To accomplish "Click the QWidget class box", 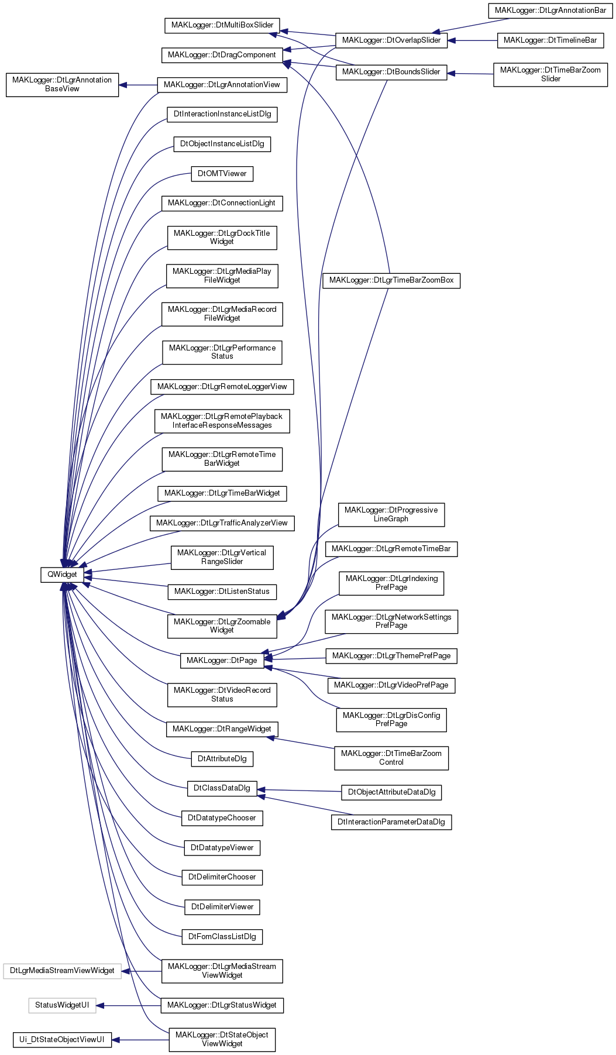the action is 62,574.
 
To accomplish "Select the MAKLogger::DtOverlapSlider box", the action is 391,40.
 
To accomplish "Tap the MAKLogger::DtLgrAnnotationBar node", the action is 550,11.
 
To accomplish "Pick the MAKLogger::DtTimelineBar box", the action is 550,40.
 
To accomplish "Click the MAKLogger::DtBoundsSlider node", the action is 391,72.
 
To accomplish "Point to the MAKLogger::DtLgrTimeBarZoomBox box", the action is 391,280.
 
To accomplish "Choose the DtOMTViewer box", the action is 222,173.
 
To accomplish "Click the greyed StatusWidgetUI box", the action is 62,1005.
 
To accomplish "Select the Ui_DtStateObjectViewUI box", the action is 62,1040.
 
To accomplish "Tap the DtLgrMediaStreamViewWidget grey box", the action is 62,971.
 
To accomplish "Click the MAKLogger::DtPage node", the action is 222,660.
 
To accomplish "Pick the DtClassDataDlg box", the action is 222,788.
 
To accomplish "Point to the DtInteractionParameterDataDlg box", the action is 391,822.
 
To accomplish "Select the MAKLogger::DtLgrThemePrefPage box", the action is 391,656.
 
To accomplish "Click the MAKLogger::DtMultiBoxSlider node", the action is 222,25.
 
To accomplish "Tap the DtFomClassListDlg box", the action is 222,936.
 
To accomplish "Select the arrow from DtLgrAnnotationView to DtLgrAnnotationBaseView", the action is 138,85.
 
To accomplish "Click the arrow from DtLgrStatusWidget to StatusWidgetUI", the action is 129,1005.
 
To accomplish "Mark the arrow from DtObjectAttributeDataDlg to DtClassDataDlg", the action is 299,791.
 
